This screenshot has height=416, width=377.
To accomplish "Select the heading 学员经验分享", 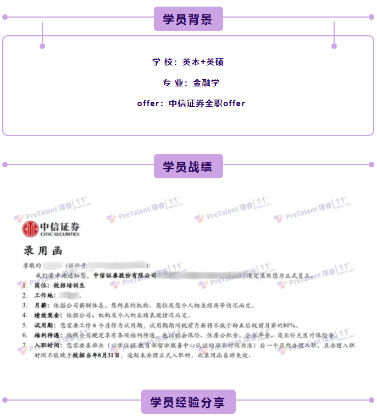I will pyautogui.click(x=188, y=402).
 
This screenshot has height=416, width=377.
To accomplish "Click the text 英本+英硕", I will pyautogui.click(x=203, y=62).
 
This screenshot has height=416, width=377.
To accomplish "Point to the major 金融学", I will pyautogui.click(x=206, y=83).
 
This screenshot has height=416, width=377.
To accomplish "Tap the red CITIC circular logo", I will pyautogui.click(x=30, y=229).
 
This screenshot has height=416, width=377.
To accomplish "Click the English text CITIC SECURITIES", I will pyautogui.click(x=59, y=234).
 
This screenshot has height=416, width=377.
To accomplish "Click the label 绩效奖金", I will pyautogui.click(x=43, y=315).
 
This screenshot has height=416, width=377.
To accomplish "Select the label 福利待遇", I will pyautogui.click(x=45, y=335).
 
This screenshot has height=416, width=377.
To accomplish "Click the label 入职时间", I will pyautogui.click(x=45, y=346).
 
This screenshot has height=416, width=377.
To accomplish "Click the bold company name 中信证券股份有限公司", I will pyautogui.click(x=125, y=275).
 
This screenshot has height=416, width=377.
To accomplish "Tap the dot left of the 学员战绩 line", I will pyautogui.click(x=5, y=164).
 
